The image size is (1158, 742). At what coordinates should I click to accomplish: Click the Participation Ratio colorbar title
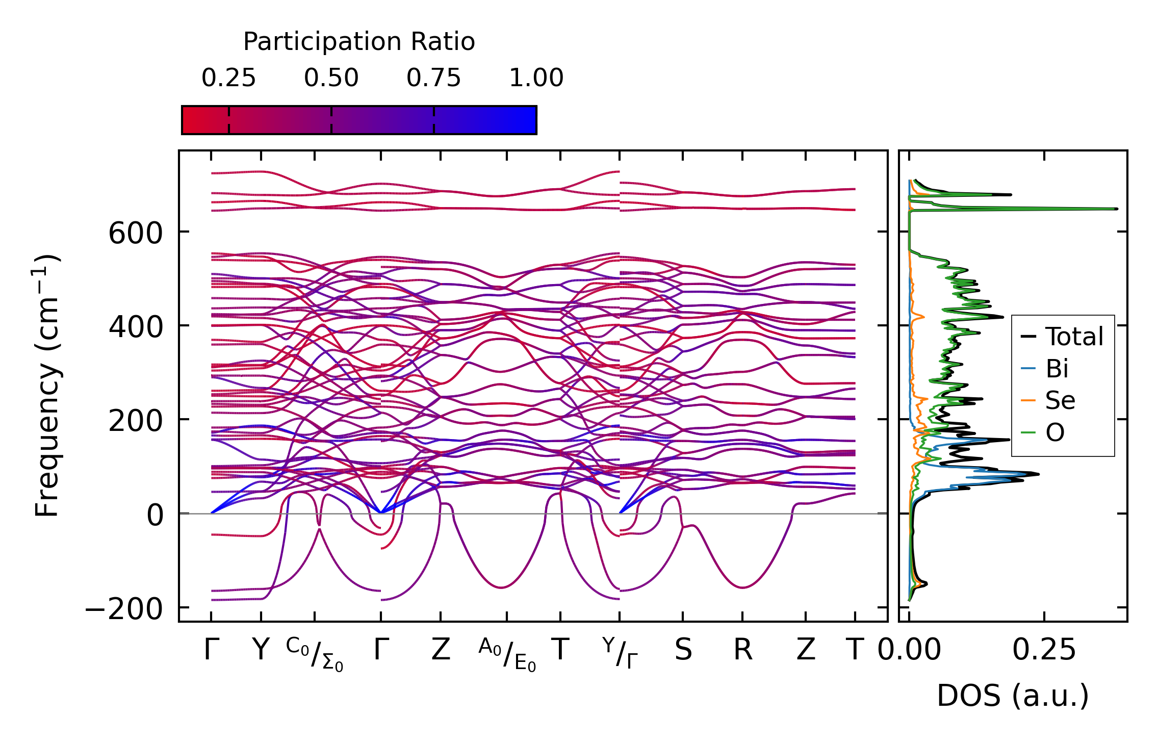(x=358, y=42)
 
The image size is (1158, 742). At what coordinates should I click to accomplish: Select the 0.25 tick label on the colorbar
(x=228, y=78)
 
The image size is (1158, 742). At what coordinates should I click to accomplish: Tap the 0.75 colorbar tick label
(x=433, y=78)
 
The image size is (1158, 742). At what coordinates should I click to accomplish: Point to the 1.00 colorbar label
(x=536, y=78)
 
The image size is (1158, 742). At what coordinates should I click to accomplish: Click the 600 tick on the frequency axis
(x=135, y=234)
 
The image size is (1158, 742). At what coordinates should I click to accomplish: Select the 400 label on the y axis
(x=135, y=327)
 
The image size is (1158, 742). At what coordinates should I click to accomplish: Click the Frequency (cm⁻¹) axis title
(x=47, y=386)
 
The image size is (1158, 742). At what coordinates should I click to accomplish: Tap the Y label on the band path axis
(x=261, y=650)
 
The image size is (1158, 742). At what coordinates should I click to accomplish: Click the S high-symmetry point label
(x=683, y=650)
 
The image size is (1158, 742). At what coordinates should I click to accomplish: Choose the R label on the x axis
(x=742, y=650)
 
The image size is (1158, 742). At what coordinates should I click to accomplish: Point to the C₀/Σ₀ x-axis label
(x=314, y=654)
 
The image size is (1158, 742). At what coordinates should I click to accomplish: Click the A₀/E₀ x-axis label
(x=507, y=654)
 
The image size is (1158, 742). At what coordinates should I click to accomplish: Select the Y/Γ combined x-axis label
(x=620, y=653)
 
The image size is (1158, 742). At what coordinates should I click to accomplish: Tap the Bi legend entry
(x=1057, y=369)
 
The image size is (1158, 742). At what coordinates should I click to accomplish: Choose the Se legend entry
(x=1060, y=401)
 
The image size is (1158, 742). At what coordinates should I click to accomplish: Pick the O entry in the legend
(x=1054, y=433)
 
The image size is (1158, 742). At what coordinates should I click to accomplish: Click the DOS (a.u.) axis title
(x=1013, y=696)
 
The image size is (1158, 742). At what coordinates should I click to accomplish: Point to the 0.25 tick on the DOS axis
(x=1044, y=650)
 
